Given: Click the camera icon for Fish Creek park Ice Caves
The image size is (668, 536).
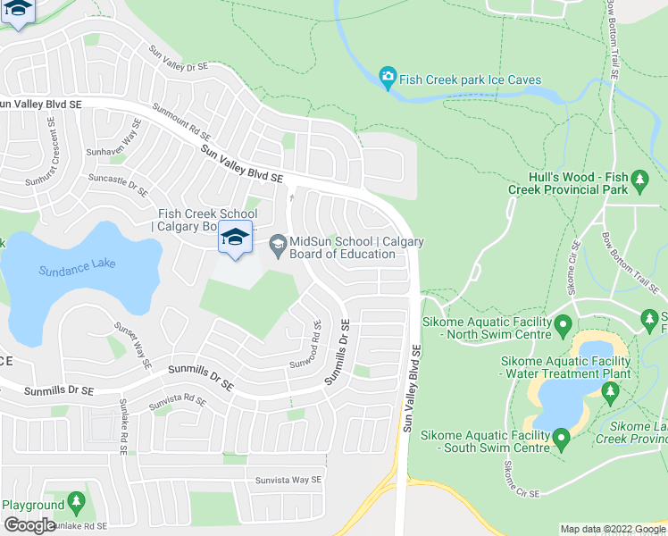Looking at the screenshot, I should (388, 80).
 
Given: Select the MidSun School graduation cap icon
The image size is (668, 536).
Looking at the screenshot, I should (278, 243).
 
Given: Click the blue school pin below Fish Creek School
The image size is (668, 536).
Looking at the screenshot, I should (235, 238).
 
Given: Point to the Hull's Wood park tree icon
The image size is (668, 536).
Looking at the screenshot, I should (639, 183).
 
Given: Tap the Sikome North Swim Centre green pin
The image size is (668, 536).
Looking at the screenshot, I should (563, 322).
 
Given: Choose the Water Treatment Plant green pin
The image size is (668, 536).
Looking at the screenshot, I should (611, 390).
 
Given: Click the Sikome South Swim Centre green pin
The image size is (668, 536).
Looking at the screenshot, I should (561, 439).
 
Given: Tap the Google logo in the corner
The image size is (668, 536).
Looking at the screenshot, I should (29, 525).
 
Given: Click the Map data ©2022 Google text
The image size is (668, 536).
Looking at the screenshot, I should (613, 529).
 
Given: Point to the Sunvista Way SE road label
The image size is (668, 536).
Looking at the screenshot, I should (286, 480).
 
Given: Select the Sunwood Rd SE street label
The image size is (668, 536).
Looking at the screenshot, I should (316, 345).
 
